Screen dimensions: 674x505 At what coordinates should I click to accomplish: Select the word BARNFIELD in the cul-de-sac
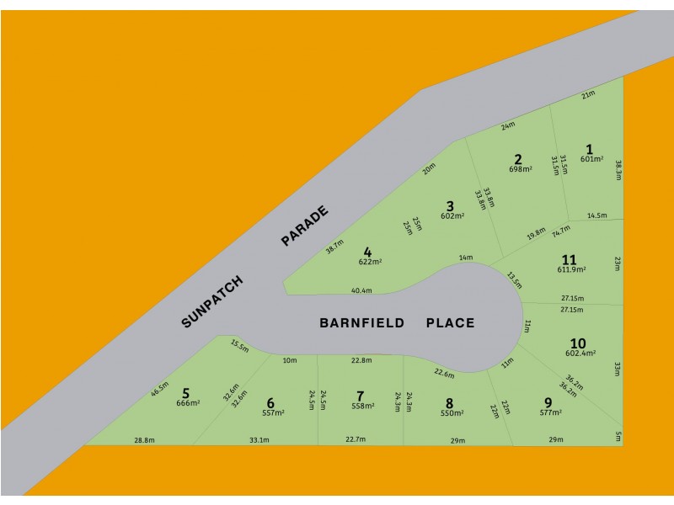[x=362, y=322]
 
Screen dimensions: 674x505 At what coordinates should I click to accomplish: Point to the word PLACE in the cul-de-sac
[x=450, y=322]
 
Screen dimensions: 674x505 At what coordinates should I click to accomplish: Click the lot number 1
[x=590, y=149]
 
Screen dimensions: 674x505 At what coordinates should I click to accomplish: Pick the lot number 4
[x=367, y=252]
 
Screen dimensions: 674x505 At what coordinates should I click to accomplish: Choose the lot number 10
[x=578, y=343]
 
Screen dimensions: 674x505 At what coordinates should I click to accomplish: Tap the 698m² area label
[x=520, y=169]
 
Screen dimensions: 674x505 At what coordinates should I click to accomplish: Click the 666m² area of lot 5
[x=187, y=403]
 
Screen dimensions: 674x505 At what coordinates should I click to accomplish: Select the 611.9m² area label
[x=571, y=269]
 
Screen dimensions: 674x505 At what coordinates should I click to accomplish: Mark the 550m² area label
[x=452, y=413]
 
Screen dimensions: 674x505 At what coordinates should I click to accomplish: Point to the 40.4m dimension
[x=361, y=290]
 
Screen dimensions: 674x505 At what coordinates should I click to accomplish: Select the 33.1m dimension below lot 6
[x=259, y=440]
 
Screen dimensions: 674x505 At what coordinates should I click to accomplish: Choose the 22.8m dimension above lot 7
[x=361, y=360]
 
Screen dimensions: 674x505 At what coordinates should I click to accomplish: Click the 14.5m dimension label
[x=596, y=216]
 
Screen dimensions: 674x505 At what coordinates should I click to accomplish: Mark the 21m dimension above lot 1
[x=588, y=95]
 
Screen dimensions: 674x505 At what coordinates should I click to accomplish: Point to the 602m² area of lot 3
[x=452, y=216]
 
